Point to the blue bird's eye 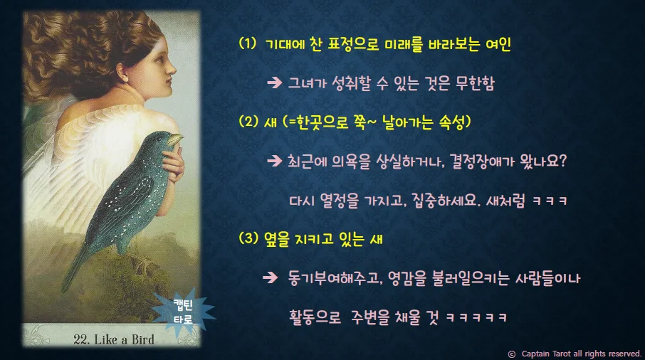(167, 136)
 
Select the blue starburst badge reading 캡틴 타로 (182, 312)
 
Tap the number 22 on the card (80, 339)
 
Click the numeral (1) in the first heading (247, 44)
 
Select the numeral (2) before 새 (248, 122)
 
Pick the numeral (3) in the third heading (248, 239)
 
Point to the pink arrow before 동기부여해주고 (271, 277)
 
